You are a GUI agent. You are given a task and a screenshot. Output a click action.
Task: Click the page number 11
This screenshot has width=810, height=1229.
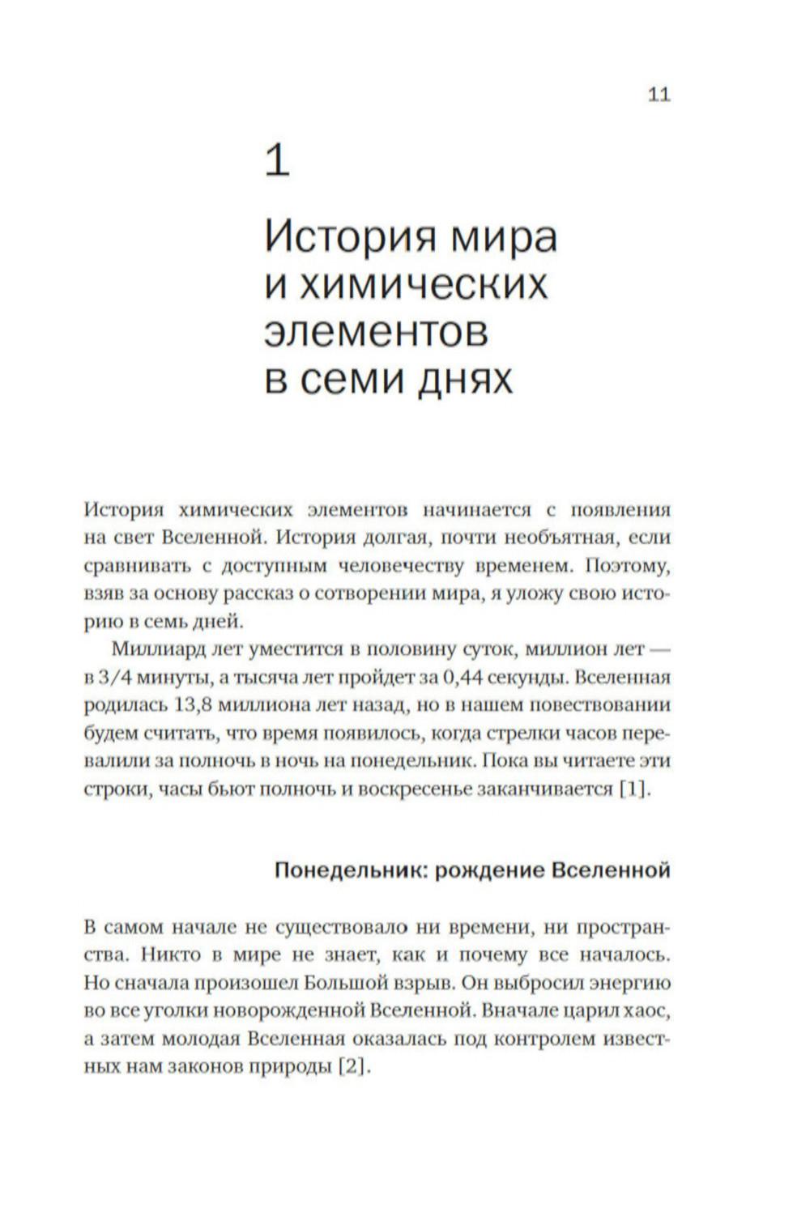click(659, 95)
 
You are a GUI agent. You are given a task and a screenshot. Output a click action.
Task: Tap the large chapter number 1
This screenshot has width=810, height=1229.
click(277, 161)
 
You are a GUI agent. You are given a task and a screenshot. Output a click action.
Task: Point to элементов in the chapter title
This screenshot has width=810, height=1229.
click(377, 333)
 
